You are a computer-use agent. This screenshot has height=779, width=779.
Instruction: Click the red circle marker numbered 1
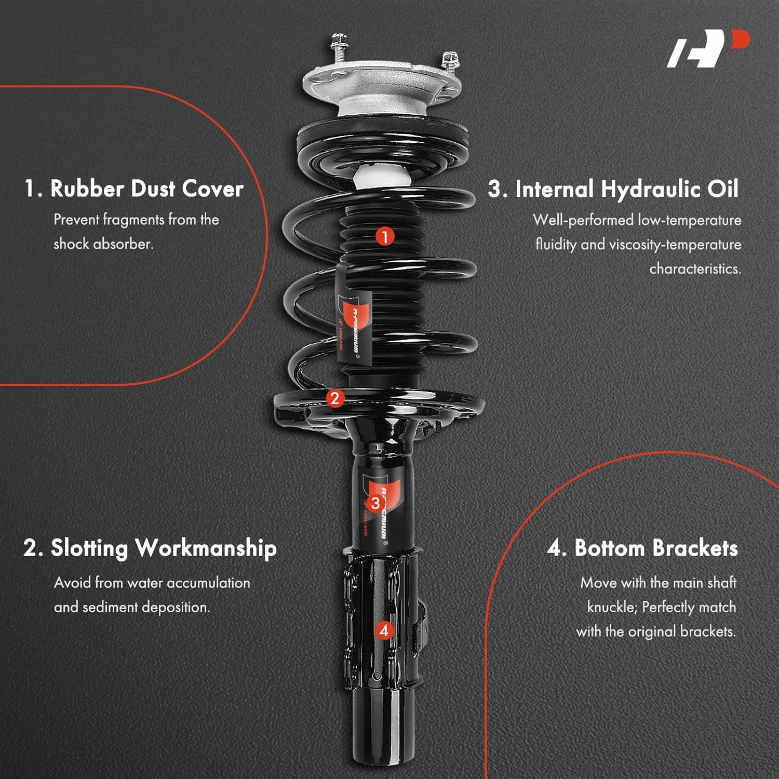coord(385,237)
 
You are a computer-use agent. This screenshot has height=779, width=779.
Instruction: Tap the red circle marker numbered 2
coord(335,398)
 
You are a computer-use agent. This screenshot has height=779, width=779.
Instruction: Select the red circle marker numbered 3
coord(375,503)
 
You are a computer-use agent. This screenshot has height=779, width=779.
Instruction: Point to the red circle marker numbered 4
coord(384,630)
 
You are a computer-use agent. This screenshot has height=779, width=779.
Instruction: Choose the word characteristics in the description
coord(695,268)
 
